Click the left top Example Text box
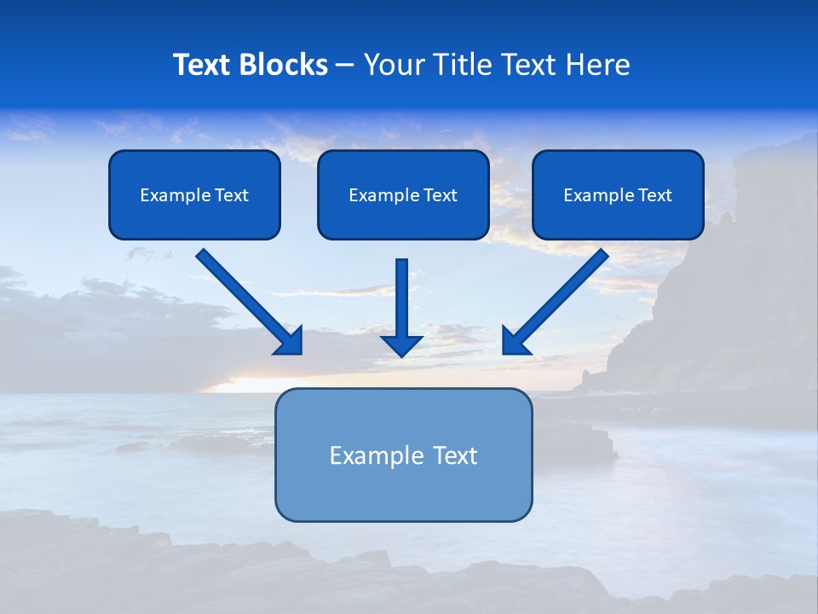coord(194,194)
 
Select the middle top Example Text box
coord(403,194)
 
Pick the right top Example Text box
coord(618,194)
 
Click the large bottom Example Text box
coord(403,455)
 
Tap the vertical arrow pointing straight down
coord(401,303)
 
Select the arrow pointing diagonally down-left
coord(558,298)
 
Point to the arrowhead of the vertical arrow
coord(401,344)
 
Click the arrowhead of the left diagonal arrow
coord(290,341)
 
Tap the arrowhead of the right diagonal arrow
coord(515,341)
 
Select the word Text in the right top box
coord(655,195)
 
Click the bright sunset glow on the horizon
coord(247,384)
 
